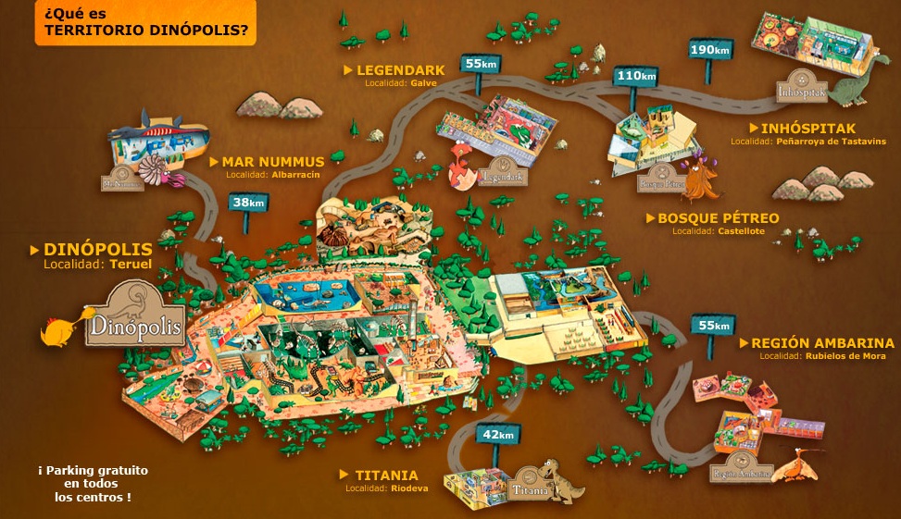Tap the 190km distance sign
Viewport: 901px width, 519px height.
pos(711,48)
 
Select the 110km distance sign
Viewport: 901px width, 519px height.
pos(636,75)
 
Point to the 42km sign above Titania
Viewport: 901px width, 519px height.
pos(498,434)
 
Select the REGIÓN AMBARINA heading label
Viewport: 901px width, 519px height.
pos(823,343)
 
